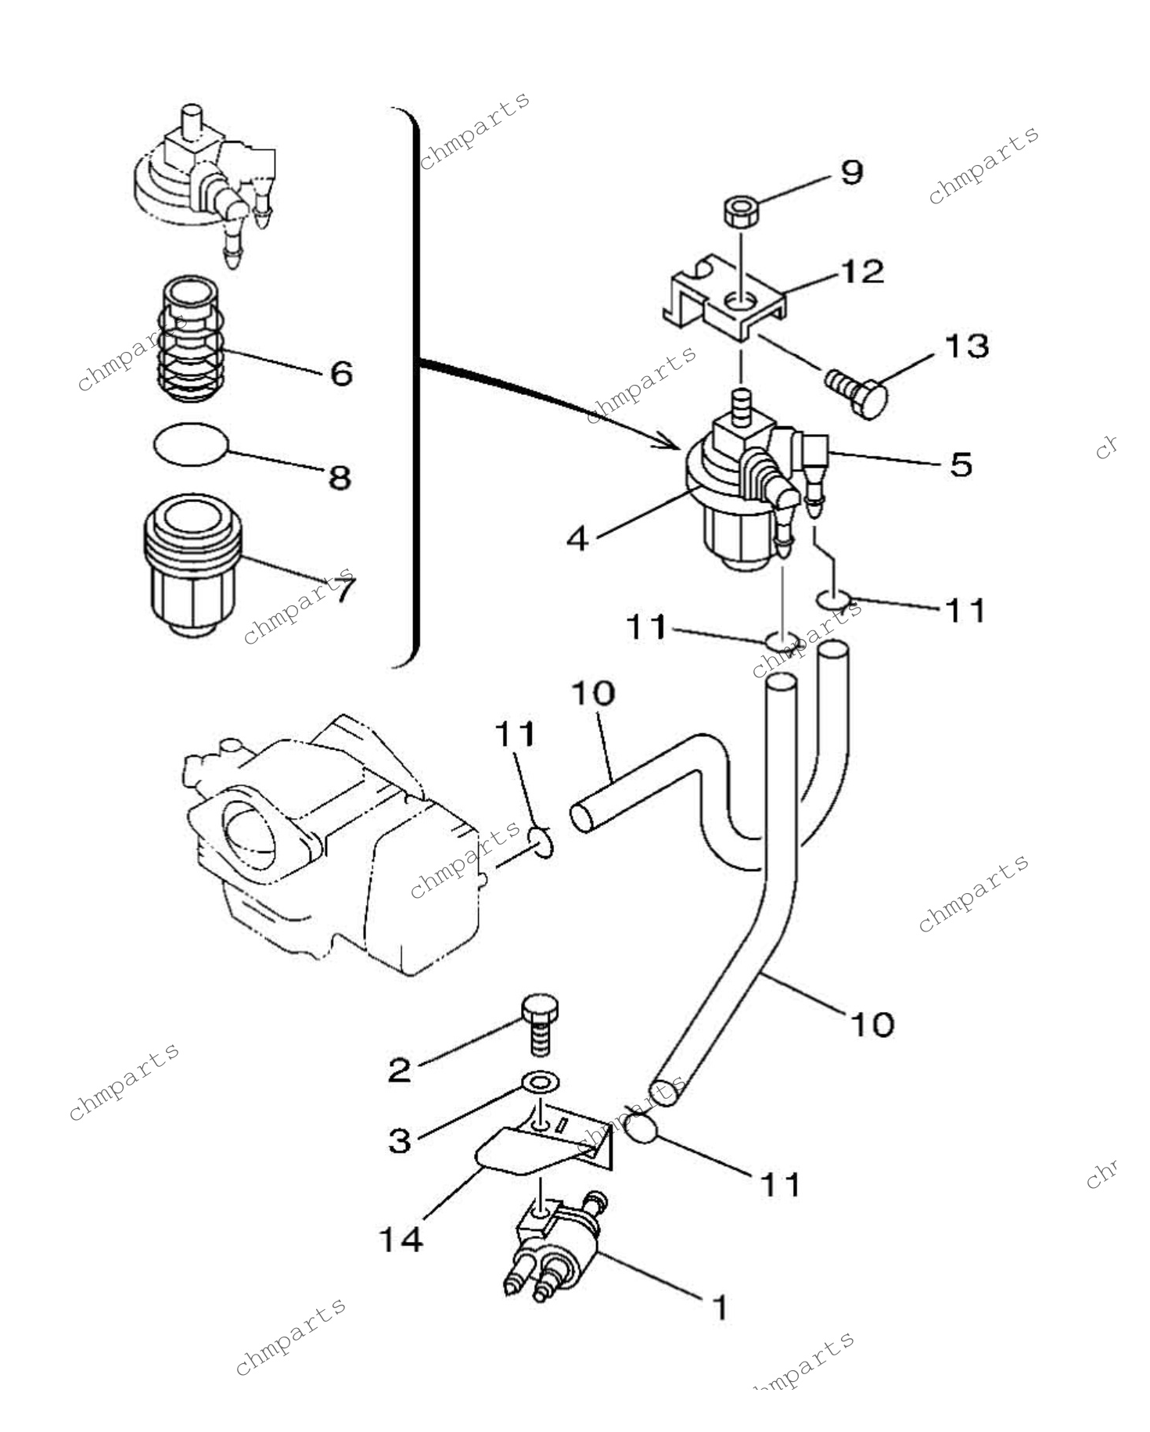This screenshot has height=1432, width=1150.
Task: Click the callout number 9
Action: tap(851, 171)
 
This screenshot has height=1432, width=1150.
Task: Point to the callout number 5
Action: tap(961, 464)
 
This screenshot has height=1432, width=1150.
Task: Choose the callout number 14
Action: tap(402, 1239)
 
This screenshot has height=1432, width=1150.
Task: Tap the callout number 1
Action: tap(720, 1307)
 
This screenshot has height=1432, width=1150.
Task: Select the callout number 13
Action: tap(966, 345)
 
